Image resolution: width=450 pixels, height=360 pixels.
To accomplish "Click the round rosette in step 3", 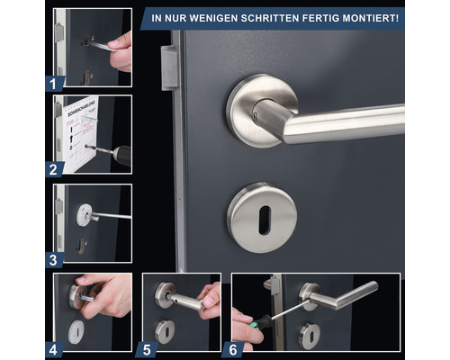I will pos(86,212).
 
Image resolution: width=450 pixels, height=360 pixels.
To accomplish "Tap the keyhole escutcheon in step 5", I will pos(166,330).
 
